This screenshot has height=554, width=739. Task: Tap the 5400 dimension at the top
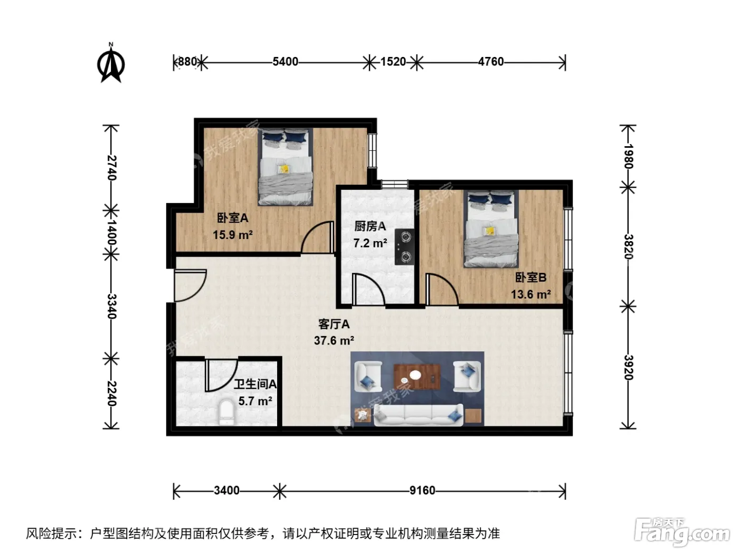[285, 62]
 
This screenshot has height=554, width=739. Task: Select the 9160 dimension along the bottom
[422, 491]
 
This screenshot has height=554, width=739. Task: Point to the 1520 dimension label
[393, 62]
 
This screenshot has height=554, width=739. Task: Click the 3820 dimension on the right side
[628, 246]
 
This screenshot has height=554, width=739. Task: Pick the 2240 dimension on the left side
[111, 394]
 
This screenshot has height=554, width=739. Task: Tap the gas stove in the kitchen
[404, 246]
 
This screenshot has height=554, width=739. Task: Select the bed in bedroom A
[285, 167]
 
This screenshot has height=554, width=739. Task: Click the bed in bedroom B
[491, 229]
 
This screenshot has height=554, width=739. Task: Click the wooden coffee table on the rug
[417, 376]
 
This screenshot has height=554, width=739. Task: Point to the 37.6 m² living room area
[334, 341]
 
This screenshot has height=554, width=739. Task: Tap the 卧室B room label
[530, 278]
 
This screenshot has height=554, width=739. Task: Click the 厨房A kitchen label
[369, 226]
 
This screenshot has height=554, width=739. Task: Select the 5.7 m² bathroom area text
[255, 402]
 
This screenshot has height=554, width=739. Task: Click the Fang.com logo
[682, 532]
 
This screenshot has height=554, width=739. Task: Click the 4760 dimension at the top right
[491, 62]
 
